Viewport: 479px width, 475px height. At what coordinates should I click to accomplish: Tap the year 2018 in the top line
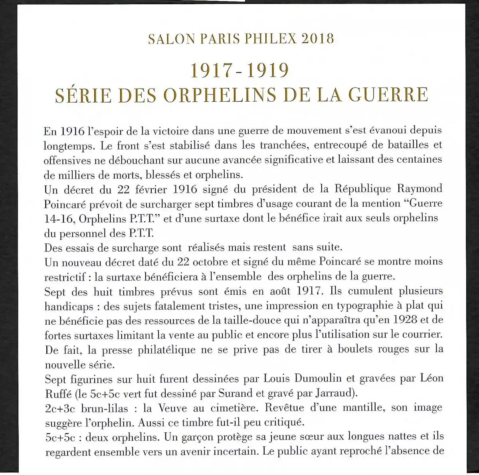[x=318, y=39]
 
